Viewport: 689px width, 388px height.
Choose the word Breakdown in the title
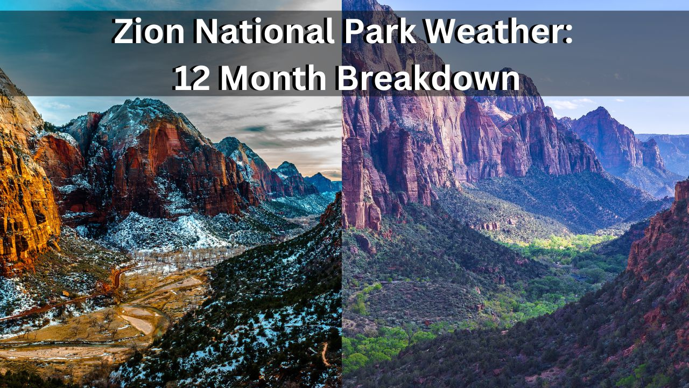(x=428, y=79)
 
